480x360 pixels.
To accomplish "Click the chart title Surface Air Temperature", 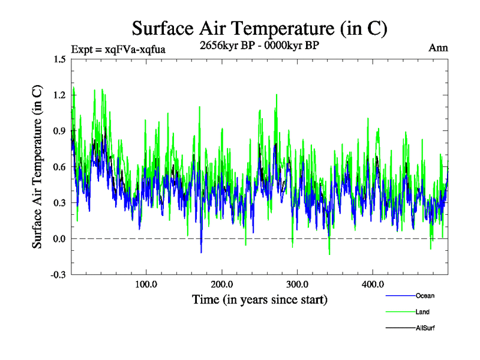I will pyautogui.click(x=259, y=28).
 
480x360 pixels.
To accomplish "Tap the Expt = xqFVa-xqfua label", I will pyautogui.click(x=118, y=49).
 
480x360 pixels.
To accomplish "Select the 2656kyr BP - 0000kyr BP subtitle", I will pyautogui.click(x=259, y=45).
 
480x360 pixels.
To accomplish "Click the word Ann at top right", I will pyautogui.click(x=438, y=49).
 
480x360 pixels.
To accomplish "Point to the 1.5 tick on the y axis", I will pyautogui.click(x=59, y=59).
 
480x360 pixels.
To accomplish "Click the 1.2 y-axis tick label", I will pyautogui.click(x=59, y=95).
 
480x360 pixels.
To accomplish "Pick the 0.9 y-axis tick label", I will pyautogui.click(x=59, y=131).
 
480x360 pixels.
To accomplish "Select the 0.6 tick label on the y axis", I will pyautogui.click(x=59, y=167).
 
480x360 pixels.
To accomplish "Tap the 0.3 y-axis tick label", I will pyautogui.click(x=59, y=203).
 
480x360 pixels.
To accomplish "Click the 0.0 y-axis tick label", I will pyautogui.click(x=59, y=239).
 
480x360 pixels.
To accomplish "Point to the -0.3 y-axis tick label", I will pyautogui.click(x=58, y=275).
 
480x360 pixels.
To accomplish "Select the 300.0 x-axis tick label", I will pyautogui.click(x=297, y=284).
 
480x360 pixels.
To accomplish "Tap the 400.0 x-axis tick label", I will pyautogui.click(x=373, y=284).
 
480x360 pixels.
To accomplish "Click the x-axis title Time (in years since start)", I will pyautogui.click(x=259, y=299).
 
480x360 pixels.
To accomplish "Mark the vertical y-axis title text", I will pyautogui.click(x=37, y=167).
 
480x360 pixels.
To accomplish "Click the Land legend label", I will pyautogui.click(x=422, y=312).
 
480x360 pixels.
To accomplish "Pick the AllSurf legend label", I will pyautogui.click(x=425, y=328).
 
